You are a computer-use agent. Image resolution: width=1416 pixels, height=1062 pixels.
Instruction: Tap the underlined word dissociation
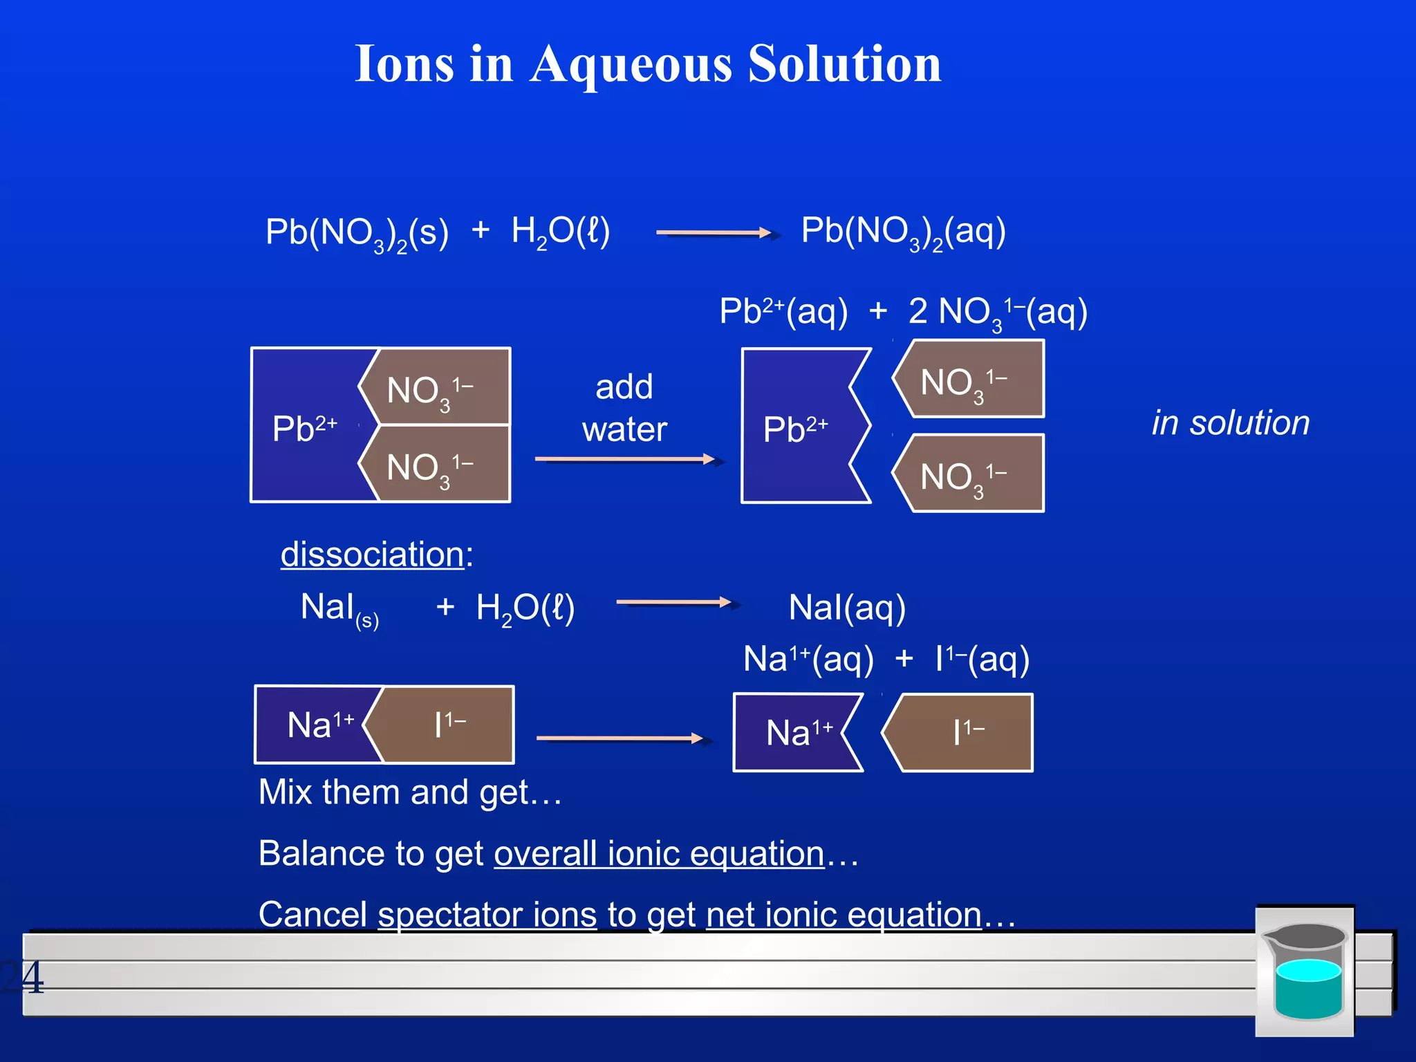(372, 555)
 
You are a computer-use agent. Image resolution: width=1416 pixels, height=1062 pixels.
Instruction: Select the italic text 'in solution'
(1231, 422)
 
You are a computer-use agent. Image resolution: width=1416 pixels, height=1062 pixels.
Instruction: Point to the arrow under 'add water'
(626, 459)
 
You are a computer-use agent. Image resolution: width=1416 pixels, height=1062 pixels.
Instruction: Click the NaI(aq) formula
(847, 608)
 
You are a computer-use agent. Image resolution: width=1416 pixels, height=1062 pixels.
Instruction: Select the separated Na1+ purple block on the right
(795, 732)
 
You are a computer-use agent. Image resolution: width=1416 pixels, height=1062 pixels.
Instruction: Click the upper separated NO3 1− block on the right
(971, 380)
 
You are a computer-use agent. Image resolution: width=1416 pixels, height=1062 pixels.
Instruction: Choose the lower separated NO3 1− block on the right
(971, 474)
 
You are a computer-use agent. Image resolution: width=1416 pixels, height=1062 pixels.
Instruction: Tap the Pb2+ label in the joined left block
(304, 429)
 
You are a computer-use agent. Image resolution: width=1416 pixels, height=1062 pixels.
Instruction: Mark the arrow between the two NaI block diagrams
(620, 738)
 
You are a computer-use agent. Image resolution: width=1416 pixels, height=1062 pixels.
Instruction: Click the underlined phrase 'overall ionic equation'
(659, 854)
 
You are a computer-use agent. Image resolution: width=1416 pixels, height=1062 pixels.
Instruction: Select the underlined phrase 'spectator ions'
(487, 915)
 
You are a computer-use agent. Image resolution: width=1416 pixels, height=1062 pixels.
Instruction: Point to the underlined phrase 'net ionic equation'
(844, 915)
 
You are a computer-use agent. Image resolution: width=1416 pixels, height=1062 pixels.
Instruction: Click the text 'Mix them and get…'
(409, 792)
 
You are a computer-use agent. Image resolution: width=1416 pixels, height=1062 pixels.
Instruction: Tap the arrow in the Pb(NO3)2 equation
(714, 233)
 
